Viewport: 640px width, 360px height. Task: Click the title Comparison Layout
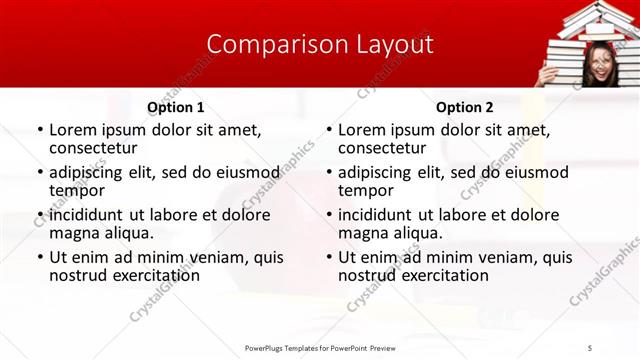320,45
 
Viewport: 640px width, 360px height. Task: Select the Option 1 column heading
176,107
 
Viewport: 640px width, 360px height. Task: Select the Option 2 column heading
465,107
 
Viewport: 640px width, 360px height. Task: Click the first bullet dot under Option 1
39,131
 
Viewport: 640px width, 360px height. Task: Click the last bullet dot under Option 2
328,258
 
